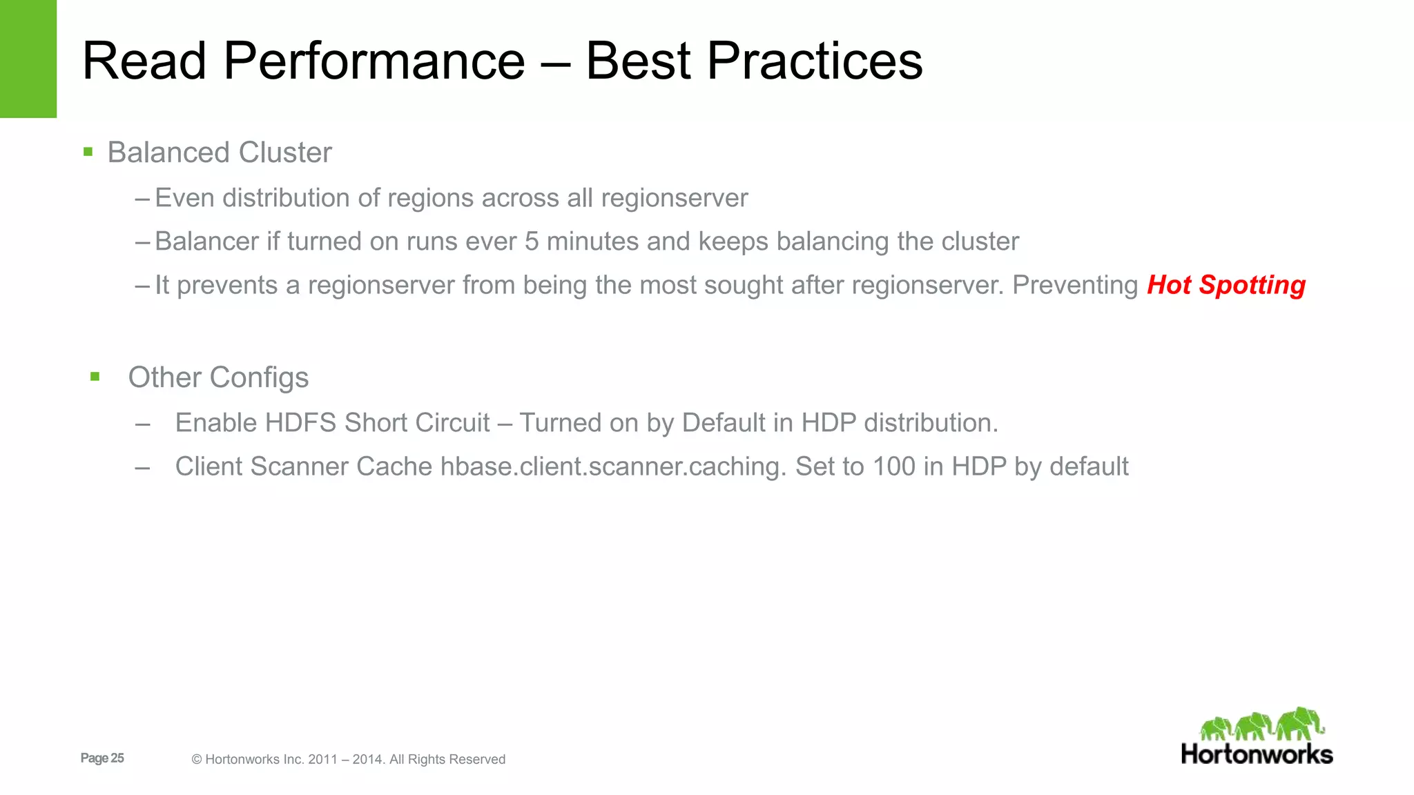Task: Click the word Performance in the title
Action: (374, 62)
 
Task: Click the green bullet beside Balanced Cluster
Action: (88, 152)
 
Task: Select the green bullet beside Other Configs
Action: (95, 377)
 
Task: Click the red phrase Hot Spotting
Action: (1226, 285)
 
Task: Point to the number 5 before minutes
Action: (531, 242)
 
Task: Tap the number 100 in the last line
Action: (893, 467)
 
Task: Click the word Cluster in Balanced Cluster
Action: (285, 153)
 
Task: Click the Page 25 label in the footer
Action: (102, 758)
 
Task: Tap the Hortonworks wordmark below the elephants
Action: (1257, 754)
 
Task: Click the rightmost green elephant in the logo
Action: (1300, 723)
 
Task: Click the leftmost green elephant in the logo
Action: (1216, 729)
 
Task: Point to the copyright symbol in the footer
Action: (197, 760)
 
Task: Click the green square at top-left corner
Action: (28, 59)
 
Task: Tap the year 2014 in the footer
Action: (367, 760)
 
